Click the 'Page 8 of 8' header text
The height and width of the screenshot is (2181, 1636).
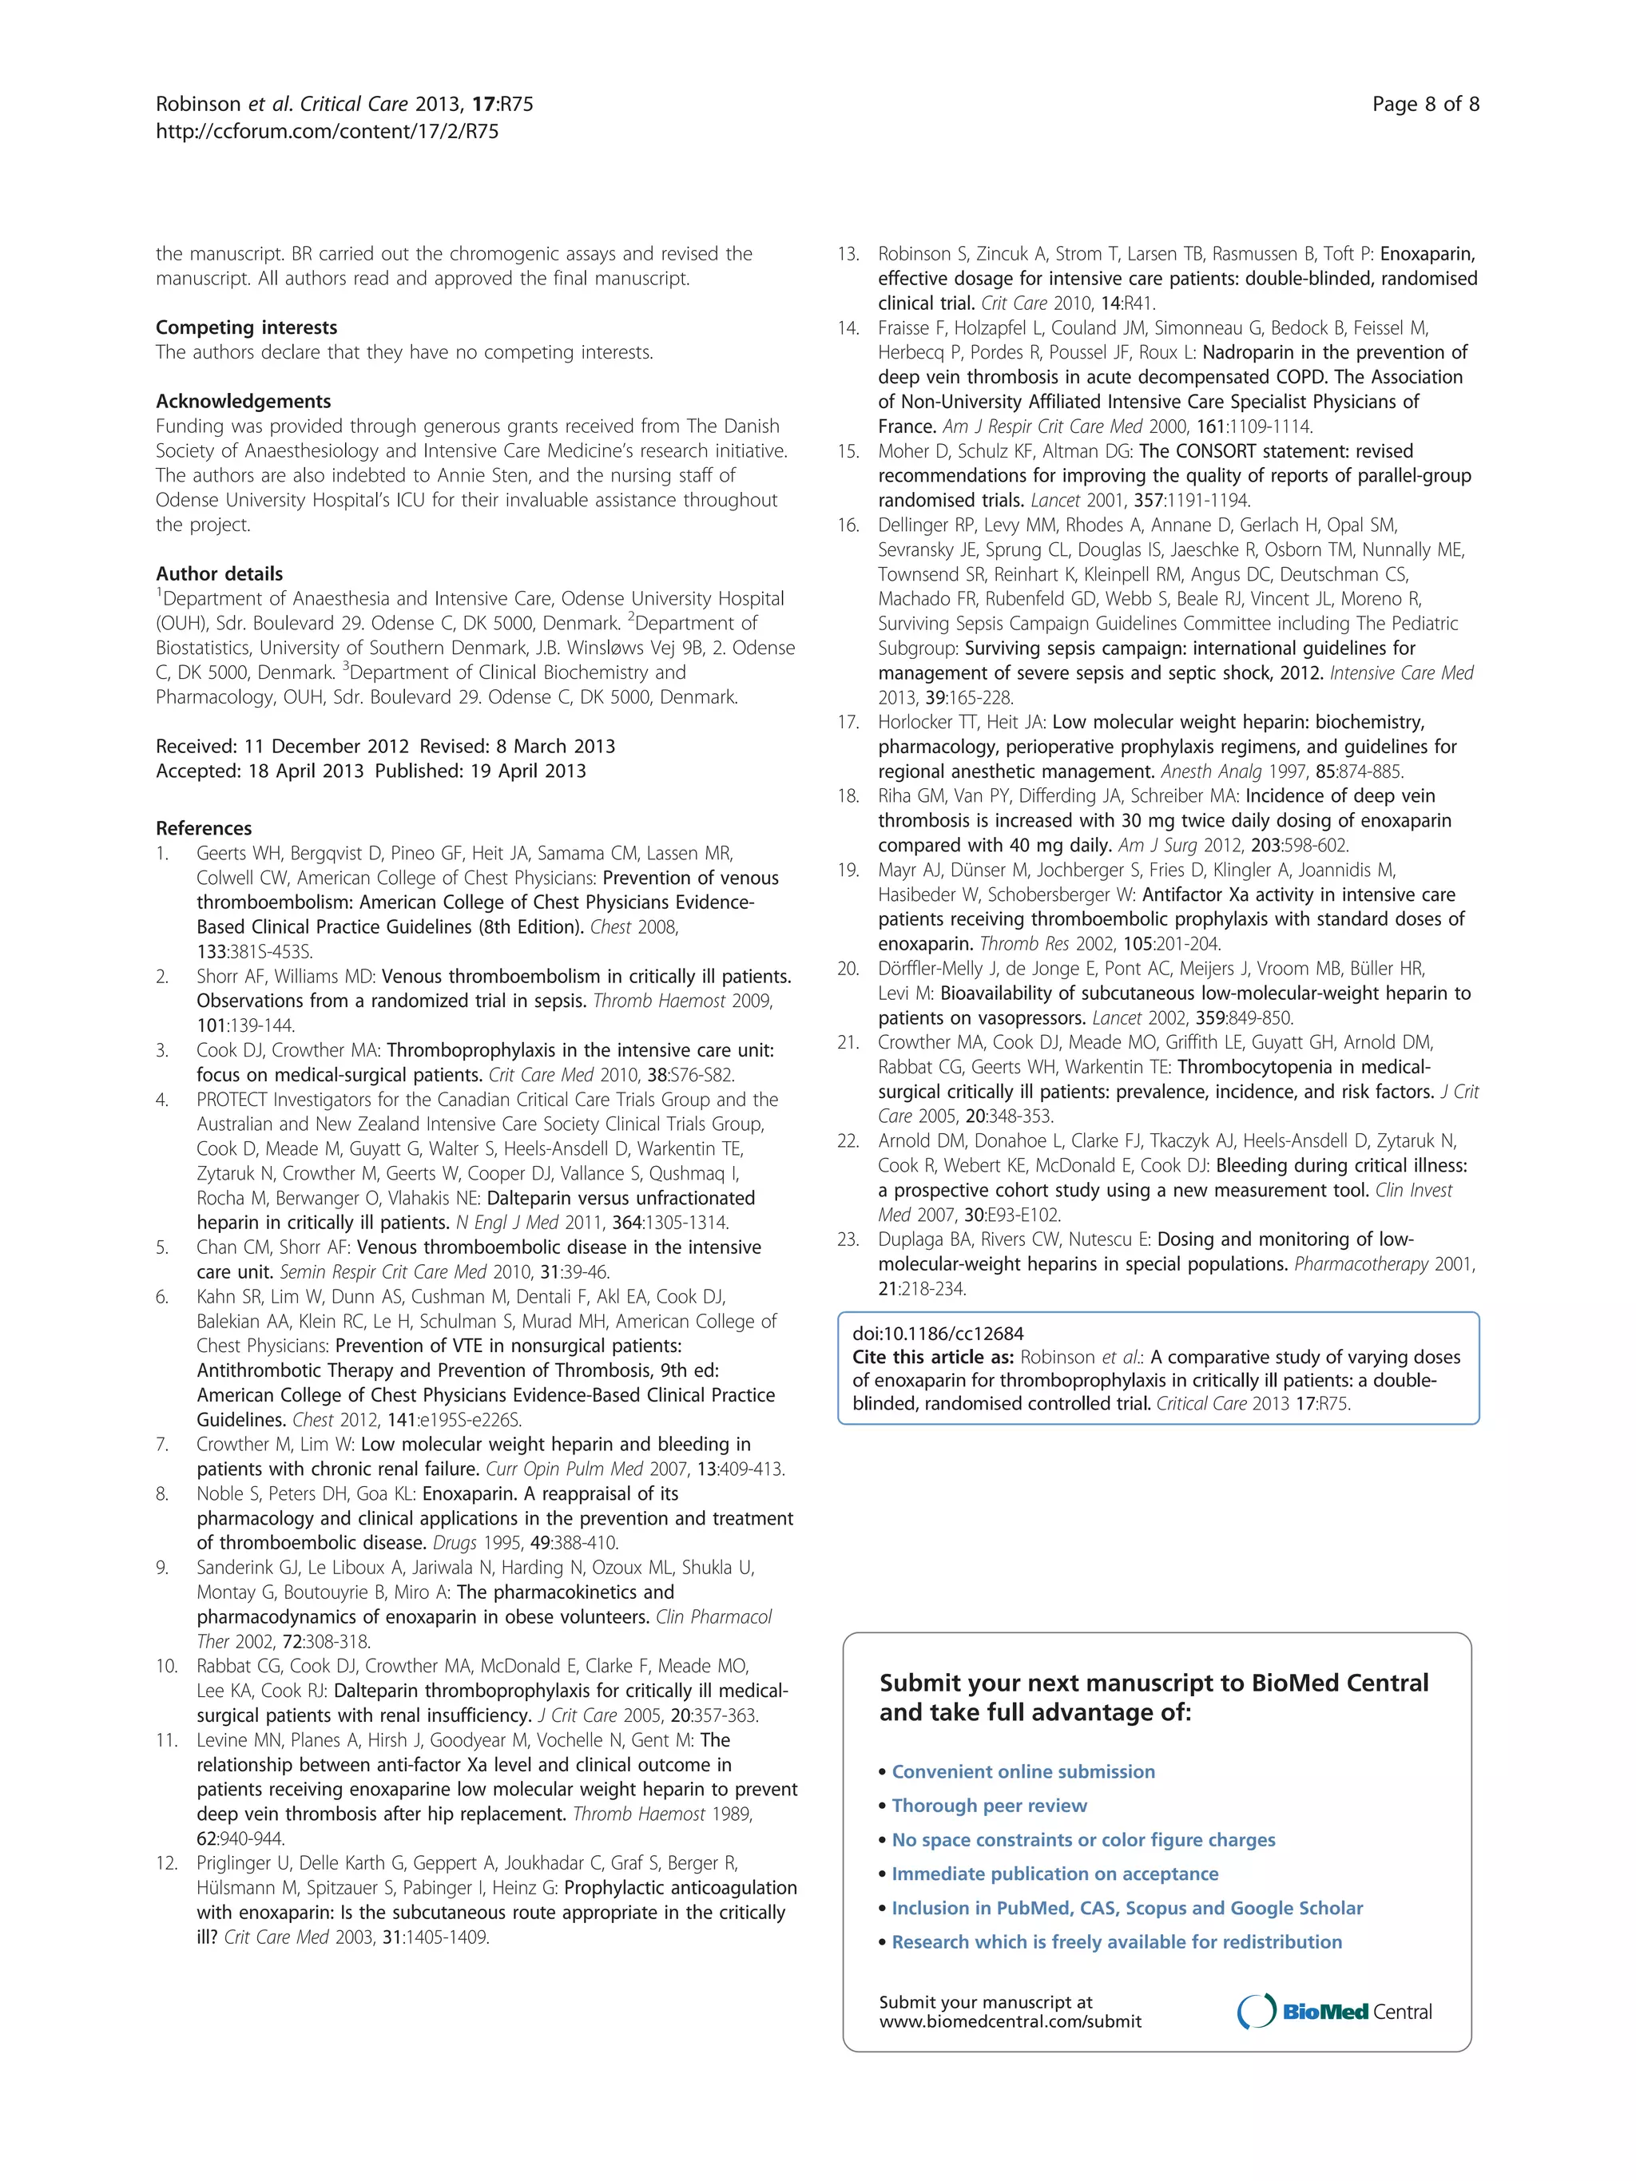pyautogui.click(x=1425, y=105)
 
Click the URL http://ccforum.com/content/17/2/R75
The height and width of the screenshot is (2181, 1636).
pyautogui.click(x=327, y=131)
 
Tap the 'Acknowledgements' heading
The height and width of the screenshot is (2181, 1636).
pyautogui.click(x=243, y=401)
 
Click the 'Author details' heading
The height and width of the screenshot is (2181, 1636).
pyautogui.click(x=219, y=574)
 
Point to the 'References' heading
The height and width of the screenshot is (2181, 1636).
pyautogui.click(x=203, y=828)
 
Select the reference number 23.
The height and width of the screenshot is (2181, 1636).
pyautogui.click(x=848, y=1239)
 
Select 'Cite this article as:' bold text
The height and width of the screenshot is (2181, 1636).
pyautogui.click(x=933, y=1357)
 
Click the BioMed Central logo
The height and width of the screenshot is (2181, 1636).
pyautogui.click(x=1334, y=2012)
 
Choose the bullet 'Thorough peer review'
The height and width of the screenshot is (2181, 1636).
pyautogui.click(x=989, y=1806)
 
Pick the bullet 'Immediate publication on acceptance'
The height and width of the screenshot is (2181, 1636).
pyautogui.click(x=1054, y=1874)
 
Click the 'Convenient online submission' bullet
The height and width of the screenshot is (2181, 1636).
pyautogui.click(x=1022, y=1772)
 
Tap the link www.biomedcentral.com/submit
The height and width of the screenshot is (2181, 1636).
pyautogui.click(x=1010, y=2021)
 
